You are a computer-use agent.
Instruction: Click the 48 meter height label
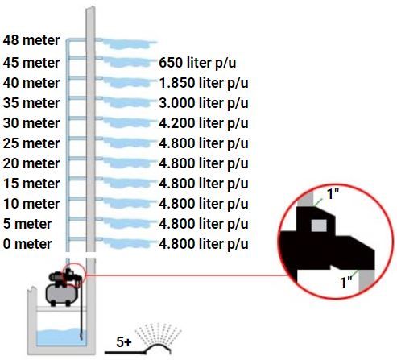(31, 40)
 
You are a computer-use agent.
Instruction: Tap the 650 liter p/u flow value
(197, 63)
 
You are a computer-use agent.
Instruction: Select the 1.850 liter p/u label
(204, 83)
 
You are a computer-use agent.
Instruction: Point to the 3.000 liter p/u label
(204, 103)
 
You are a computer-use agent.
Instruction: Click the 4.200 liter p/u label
(204, 123)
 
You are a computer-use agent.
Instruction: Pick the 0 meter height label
(27, 244)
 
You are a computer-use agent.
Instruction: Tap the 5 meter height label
(27, 224)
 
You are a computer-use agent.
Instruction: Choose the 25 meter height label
(31, 143)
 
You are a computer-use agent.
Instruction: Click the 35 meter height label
(31, 103)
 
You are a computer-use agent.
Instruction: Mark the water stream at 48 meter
(126, 43)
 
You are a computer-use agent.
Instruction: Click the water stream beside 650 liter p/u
(126, 62)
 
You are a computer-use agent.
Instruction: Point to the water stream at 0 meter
(126, 243)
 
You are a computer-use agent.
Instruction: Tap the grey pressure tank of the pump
(62, 294)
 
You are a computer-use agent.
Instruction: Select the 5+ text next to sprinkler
(124, 342)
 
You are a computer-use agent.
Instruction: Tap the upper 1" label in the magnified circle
(333, 193)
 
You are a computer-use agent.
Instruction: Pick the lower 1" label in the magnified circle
(346, 282)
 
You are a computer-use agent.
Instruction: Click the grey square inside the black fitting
(319, 226)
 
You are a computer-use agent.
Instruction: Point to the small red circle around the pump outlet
(74, 263)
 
